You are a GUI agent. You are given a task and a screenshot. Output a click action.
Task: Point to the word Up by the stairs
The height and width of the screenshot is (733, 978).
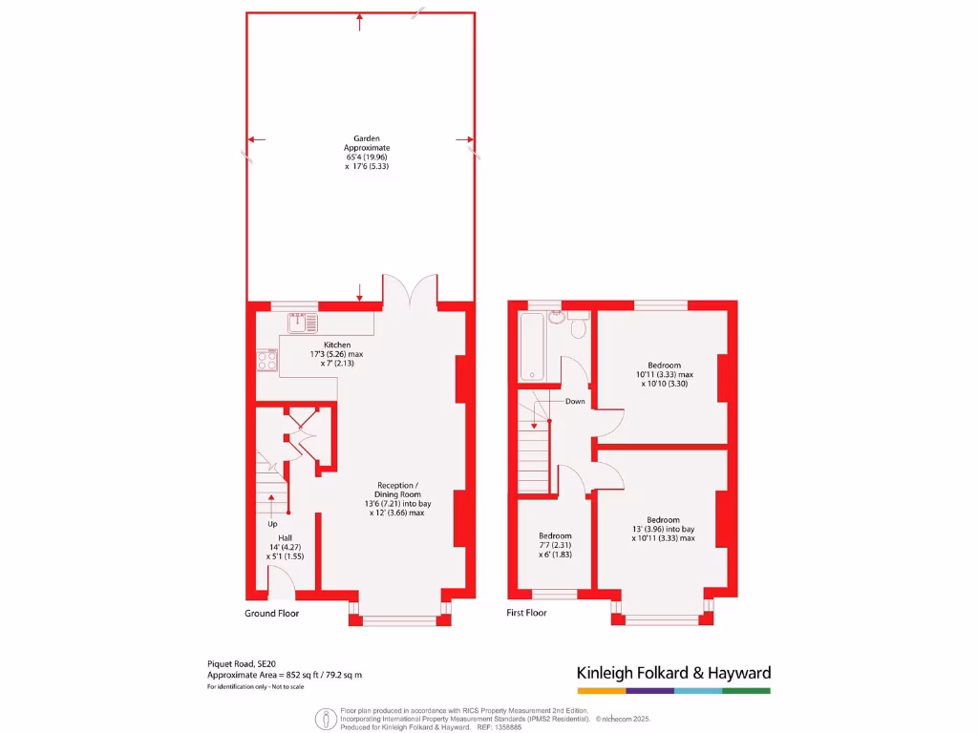point(273,524)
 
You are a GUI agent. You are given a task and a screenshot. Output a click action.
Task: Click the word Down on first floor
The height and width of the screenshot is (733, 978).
point(575,401)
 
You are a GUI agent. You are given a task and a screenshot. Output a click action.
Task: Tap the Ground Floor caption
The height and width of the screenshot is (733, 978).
point(272,613)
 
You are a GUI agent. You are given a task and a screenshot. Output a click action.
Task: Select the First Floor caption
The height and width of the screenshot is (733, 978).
point(526,613)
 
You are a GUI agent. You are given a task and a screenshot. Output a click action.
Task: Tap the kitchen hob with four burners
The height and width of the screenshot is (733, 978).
point(267,360)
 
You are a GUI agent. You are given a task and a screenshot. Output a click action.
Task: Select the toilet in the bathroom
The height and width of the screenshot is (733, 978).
point(578,327)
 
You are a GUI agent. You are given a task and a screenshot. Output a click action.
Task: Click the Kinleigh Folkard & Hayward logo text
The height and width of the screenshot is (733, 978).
point(673,673)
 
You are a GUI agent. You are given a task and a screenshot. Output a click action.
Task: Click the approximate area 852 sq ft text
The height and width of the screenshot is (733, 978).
point(285,675)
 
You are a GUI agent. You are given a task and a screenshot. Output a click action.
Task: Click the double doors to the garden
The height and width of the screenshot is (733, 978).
point(410,290)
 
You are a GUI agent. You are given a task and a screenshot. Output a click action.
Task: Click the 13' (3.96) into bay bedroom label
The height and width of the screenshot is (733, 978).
point(663,529)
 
